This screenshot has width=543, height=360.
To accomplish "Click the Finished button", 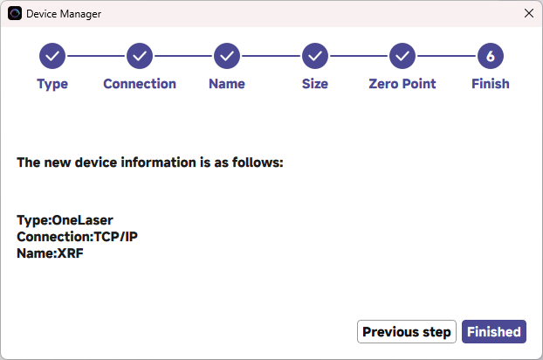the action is click(494, 331).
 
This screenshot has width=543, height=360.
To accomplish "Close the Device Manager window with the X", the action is click(529, 13).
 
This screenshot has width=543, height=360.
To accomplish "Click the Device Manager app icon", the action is click(15, 13).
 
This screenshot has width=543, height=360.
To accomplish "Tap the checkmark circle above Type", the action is click(52, 56).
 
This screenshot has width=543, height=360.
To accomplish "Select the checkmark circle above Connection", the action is click(140, 56).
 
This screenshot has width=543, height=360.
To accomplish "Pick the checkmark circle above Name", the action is click(227, 56).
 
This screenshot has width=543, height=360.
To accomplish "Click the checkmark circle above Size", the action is click(315, 56).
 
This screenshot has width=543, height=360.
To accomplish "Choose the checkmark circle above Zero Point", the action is click(402, 56).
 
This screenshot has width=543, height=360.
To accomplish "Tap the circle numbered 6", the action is click(491, 56).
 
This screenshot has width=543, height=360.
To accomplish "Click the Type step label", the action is click(52, 84).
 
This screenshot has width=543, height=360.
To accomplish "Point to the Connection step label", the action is click(140, 84).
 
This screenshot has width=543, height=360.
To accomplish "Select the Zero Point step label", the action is click(402, 84).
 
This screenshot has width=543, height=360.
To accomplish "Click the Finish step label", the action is click(491, 84).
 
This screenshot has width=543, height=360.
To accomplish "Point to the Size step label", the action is click(315, 84).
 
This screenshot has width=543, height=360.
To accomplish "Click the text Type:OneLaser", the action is click(65, 220).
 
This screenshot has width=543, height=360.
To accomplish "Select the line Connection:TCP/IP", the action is click(77, 237).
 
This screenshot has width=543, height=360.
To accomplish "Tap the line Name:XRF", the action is click(50, 253).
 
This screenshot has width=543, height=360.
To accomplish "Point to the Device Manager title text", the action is click(64, 14).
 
